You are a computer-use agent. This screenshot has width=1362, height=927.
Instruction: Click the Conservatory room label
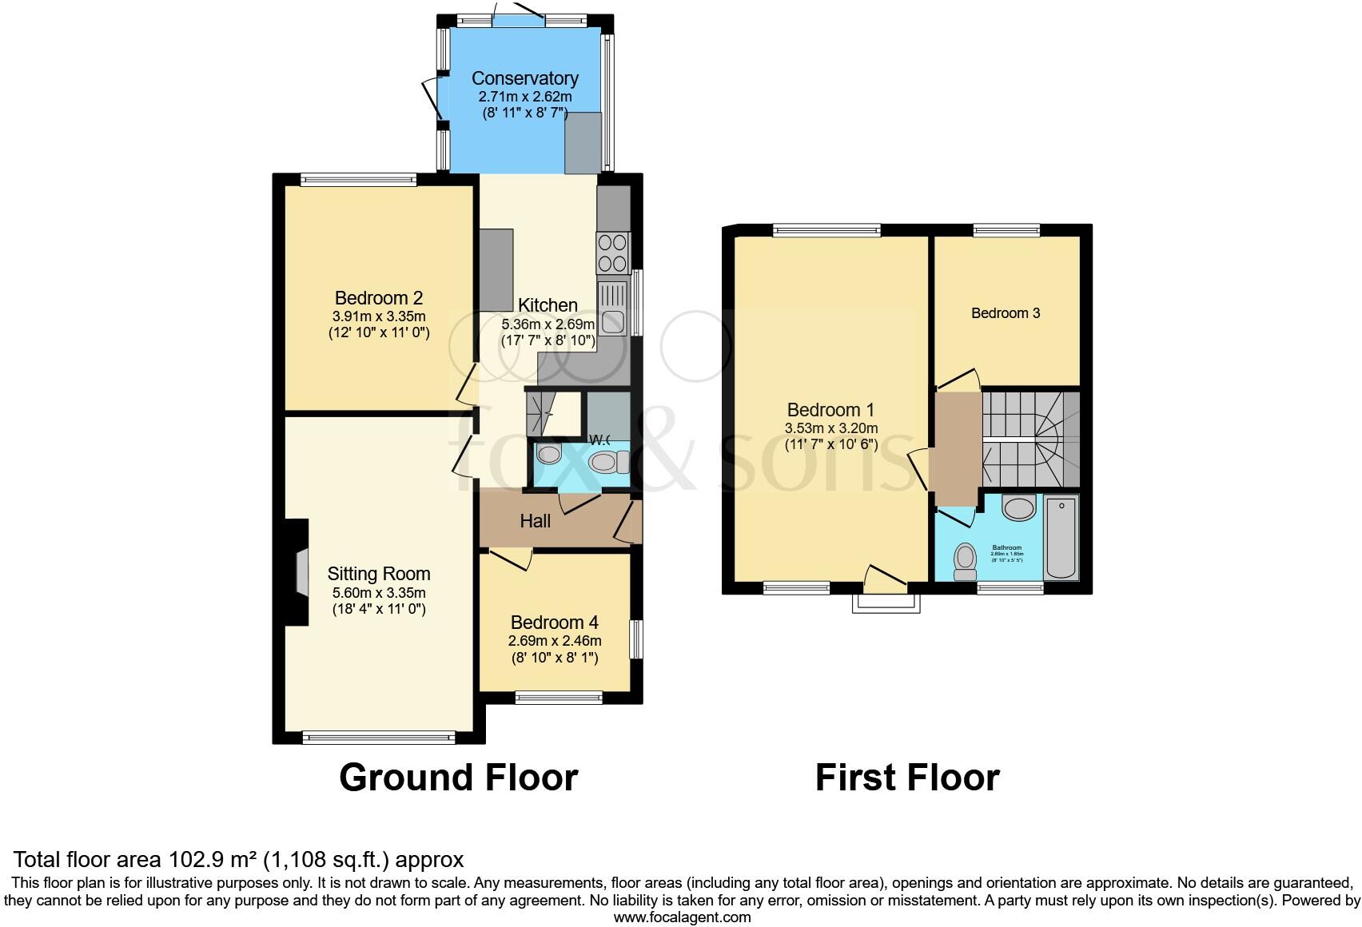click(524, 78)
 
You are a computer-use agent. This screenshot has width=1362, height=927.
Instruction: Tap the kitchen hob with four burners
click(612, 253)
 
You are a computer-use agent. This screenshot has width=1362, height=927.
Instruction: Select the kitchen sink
click(613, 308)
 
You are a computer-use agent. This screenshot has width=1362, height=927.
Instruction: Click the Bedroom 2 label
click(378, 298)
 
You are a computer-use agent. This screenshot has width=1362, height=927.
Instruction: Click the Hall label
click(535, 521)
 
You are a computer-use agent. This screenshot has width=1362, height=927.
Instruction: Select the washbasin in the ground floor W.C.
click(549, 456)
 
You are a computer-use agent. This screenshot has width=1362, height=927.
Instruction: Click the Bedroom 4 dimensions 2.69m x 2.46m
click(555, 641)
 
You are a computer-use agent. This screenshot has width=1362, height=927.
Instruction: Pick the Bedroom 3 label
click(1006, 313)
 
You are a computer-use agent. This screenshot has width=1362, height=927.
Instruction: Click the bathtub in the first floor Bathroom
click(1061, 537)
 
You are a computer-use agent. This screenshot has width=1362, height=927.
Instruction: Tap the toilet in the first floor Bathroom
click(966, 561)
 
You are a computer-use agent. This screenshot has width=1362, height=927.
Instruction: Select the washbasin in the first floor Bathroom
click(1018, 508)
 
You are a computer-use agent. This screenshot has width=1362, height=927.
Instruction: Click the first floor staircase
click(1029, 440)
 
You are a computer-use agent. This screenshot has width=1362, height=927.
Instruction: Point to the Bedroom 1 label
click(830, 410)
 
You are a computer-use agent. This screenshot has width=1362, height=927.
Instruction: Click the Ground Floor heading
click(458, 778)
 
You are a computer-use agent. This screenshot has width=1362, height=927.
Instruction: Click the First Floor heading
click(907, 778)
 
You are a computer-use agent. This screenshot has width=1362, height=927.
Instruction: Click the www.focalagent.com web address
click(682, 917)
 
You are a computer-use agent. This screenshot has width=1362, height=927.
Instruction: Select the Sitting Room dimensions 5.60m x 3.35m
click(379, 593)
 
